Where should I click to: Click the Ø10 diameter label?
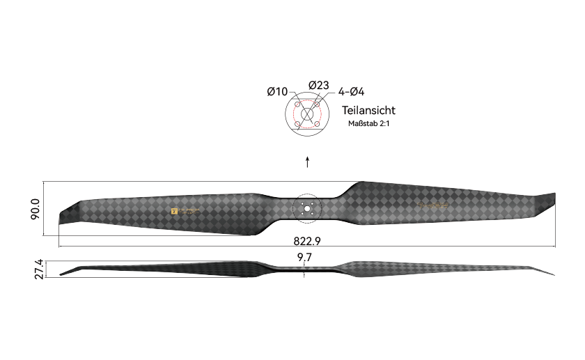click(x=276, y=92)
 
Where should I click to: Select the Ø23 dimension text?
click(x=318, y=85)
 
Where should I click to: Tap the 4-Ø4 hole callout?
click(x=352, y=92)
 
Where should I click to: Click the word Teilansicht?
click(x=368, y=111)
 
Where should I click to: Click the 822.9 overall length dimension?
click(x=306, y=241)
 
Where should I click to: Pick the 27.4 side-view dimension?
click(x=39, y=269)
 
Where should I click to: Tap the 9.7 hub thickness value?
click(x=304, y=258)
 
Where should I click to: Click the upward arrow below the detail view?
click(x=307, y=162)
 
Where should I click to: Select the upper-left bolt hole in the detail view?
click(x=298, y=105)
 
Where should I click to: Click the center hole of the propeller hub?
click(x=306, y=208)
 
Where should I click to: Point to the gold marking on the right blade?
click(x=435, y=205)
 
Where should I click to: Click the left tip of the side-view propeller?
click(x=62, y=274)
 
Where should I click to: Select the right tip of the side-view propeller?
click(x=553, y=274)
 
